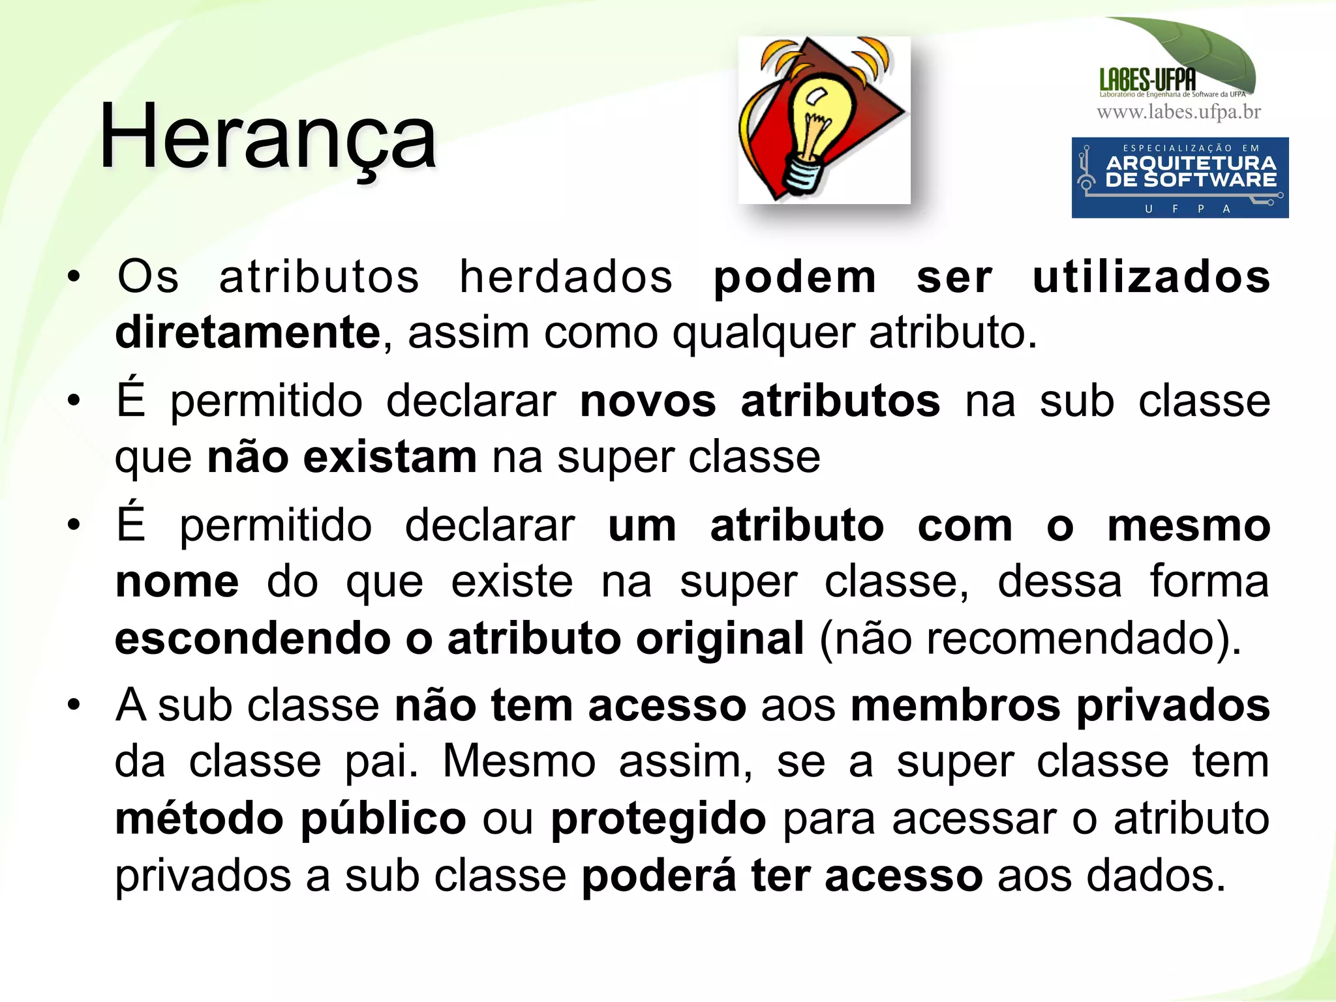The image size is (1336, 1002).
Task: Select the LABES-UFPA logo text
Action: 1147,80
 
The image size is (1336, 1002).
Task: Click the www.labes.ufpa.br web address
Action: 1179,112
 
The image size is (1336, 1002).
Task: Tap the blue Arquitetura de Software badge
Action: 1179,177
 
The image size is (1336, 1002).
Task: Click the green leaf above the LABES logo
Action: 1200,49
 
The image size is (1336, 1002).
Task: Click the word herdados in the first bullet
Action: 566,277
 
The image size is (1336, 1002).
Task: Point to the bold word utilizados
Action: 1151,277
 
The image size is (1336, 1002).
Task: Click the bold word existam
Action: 390,458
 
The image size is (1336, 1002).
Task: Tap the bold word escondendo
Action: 252,638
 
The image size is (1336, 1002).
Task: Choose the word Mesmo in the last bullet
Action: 519,761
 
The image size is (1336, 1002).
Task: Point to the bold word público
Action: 384,819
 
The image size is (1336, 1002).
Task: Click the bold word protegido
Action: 658,819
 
